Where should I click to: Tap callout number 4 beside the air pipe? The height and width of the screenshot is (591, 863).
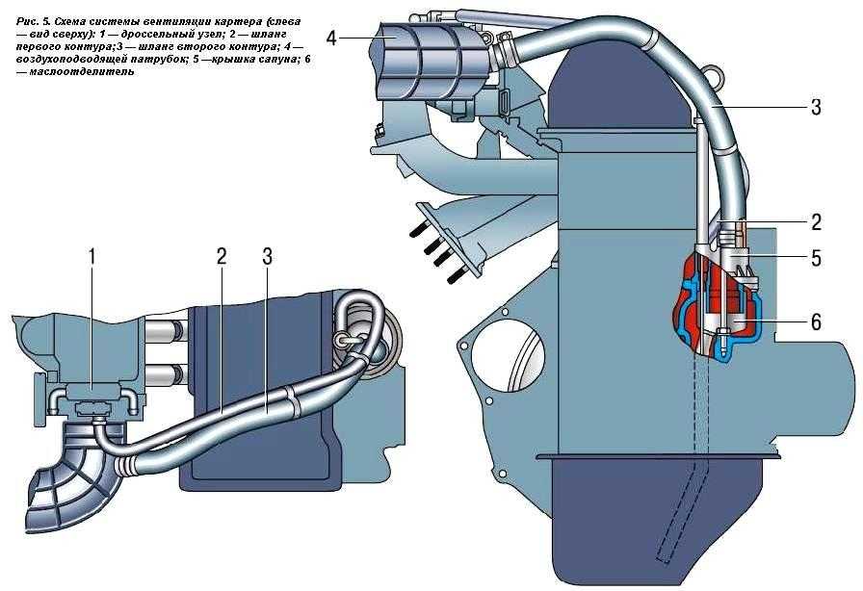coord(331,38)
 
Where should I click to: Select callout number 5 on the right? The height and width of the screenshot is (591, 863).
coord(815,258)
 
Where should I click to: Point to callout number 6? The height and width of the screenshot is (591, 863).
coord(815,323)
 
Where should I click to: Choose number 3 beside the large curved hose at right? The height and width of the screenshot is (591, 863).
coord(815,108)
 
